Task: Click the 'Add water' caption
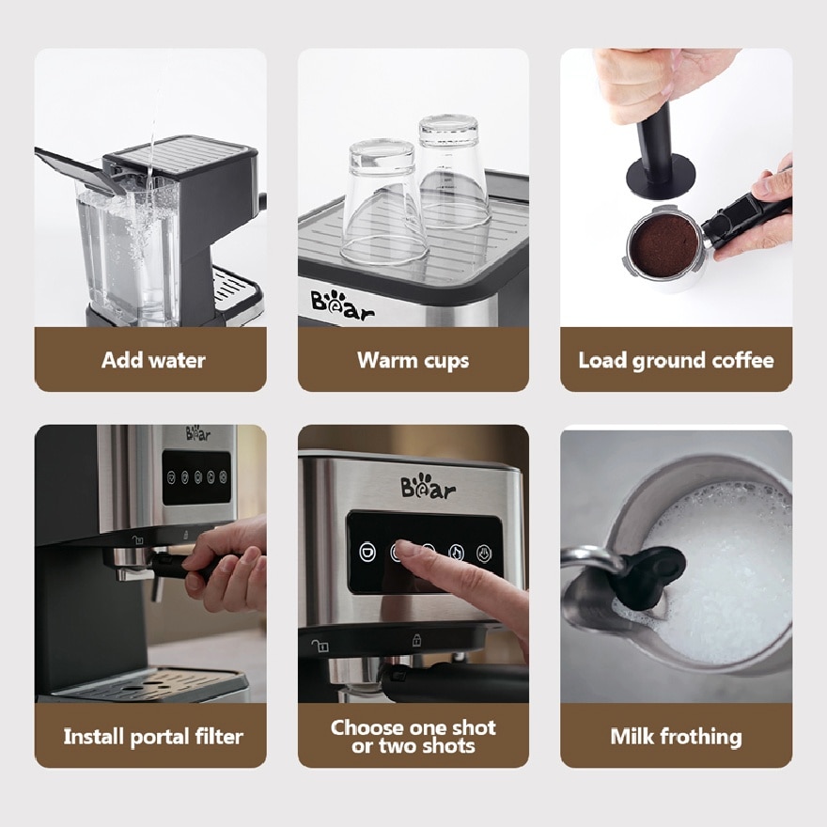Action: [152, 360]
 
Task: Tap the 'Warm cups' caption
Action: [413, 360]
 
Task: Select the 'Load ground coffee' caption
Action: [676, 360]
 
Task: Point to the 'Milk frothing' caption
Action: [676, 737]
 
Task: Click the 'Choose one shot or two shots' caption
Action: [413, 737]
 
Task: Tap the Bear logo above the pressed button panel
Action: [428, 488]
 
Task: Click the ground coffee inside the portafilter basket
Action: [664, 246]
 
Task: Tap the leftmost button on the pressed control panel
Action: [367, 553]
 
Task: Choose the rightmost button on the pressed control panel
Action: [485, 553]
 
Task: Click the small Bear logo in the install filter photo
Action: [198, 433]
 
